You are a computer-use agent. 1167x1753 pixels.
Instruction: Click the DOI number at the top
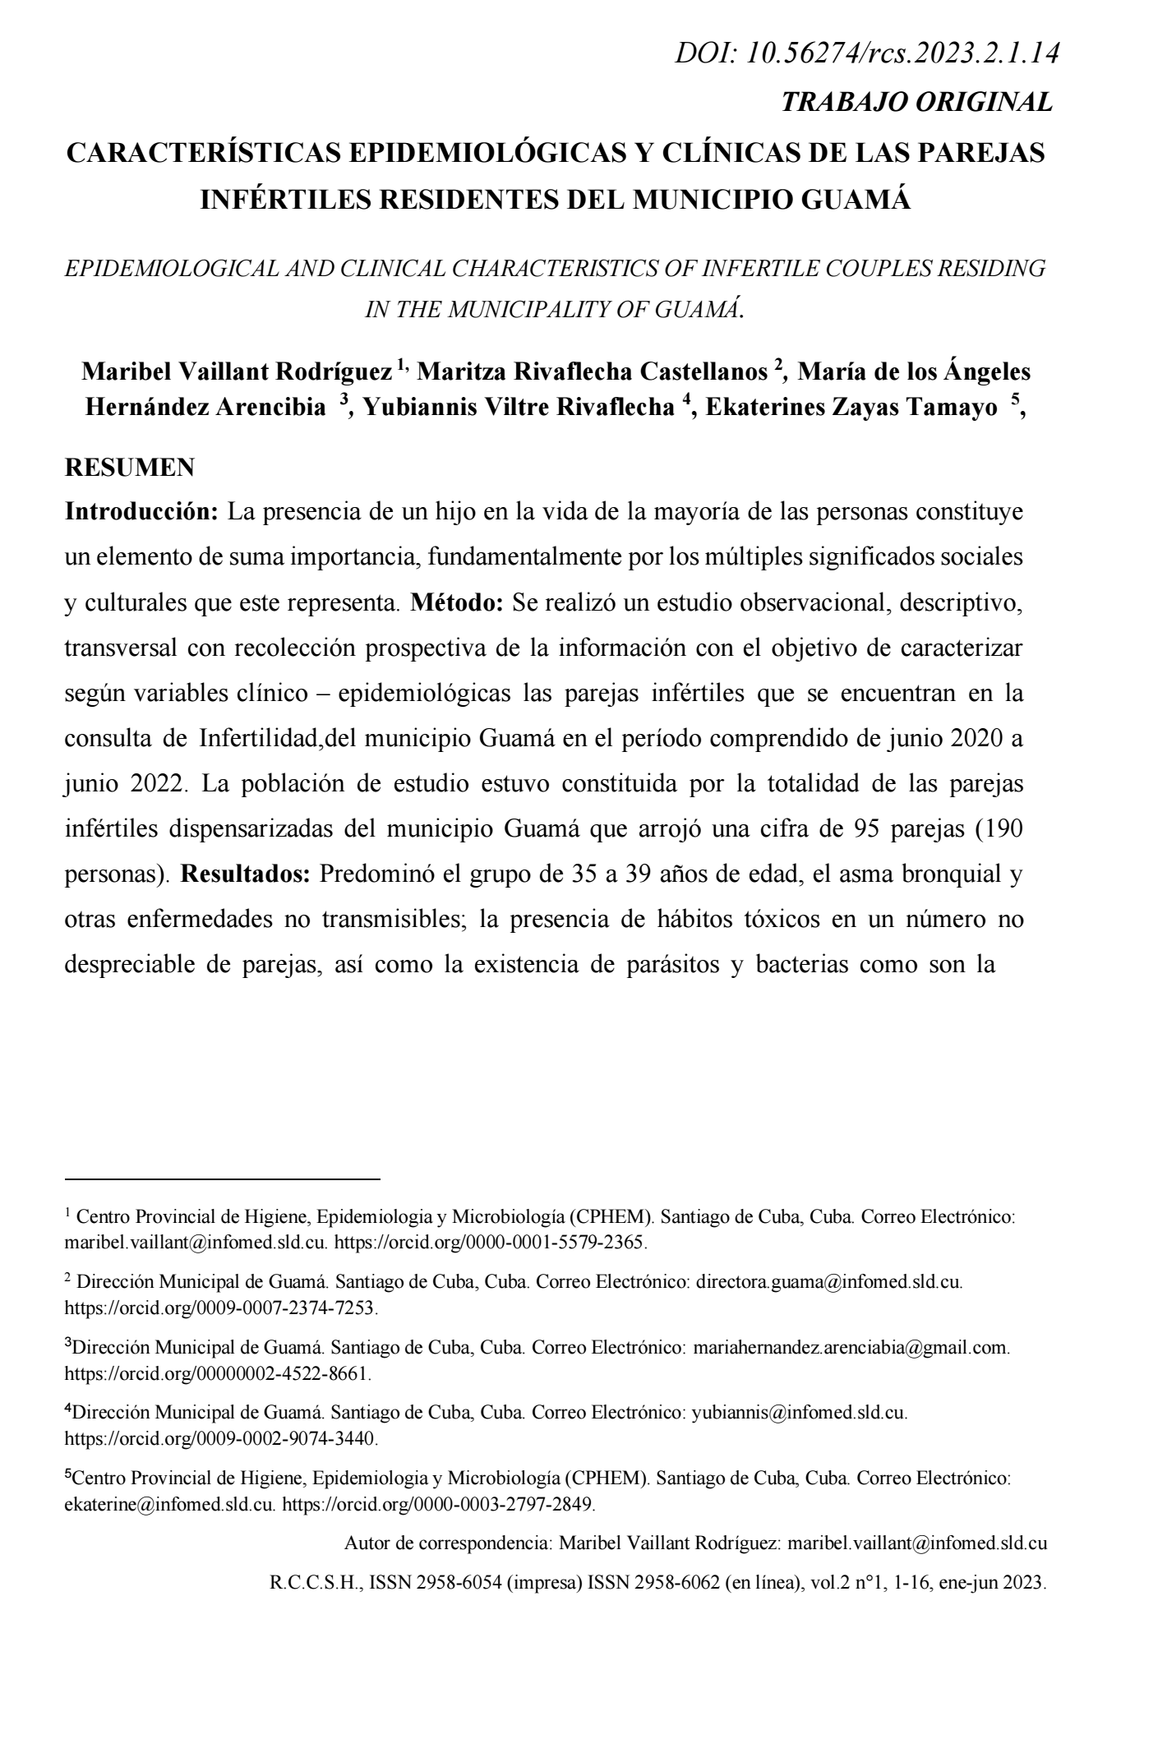901,54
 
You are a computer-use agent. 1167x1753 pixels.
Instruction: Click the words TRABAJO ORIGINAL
916,102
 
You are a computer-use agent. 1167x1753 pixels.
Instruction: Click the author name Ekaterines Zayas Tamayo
851,408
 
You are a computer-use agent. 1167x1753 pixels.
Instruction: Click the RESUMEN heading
129,468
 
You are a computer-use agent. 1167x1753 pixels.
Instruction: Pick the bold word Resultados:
244,874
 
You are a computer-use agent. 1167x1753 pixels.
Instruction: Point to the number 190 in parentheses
999,828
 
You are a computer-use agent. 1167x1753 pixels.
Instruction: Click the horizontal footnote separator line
222,1179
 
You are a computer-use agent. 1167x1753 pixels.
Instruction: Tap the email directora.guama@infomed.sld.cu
828,1281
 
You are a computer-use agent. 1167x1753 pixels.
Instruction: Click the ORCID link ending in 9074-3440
220,1439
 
